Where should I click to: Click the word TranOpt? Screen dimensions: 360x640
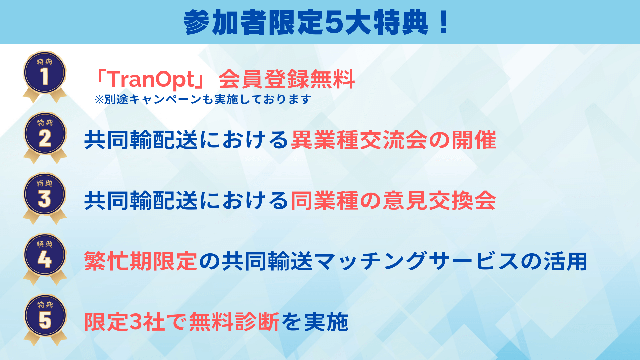tap(152, 79)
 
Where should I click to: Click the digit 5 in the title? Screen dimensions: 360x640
tap(334, 23)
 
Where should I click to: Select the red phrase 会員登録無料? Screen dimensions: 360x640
tap(287, 79)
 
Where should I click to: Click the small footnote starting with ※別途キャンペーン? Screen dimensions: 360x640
tap(203, 99)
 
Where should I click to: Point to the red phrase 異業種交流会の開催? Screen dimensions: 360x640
tap(393, 140)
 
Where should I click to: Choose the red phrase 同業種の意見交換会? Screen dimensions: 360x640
tap(393, 201)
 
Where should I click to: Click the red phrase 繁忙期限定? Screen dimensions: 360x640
tap(141, 261)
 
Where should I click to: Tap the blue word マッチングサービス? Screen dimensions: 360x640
tap(417, 261)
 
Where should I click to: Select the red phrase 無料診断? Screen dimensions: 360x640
tap(234, 322)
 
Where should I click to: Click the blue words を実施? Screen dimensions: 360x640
tap(315, 322)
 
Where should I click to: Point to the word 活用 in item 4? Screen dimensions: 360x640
tap(565, 261)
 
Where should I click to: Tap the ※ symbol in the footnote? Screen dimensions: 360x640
tap(99, 99)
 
